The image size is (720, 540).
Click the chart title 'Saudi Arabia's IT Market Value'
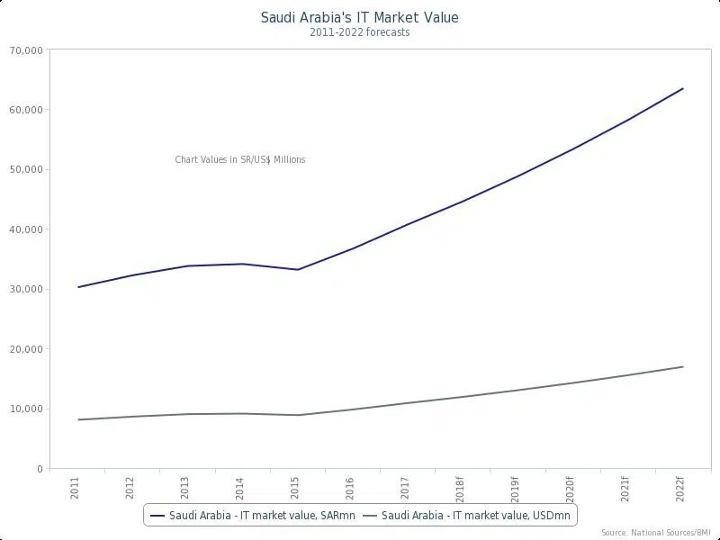tap(359, 17)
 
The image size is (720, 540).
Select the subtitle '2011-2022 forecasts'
tap(359, 32)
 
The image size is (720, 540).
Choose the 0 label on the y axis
tap(40, 469)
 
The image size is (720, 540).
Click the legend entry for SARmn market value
tap(251, 516)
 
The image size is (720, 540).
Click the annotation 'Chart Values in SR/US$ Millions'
tap(240, 160)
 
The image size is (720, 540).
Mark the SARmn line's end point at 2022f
tap(683, 88)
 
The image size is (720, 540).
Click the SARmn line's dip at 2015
tap(298, 270)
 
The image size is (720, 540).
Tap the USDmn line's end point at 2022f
tap(683, 366)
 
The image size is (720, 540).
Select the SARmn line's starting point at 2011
tap(78, 287)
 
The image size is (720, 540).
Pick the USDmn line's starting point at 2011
tap(78, 419)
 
